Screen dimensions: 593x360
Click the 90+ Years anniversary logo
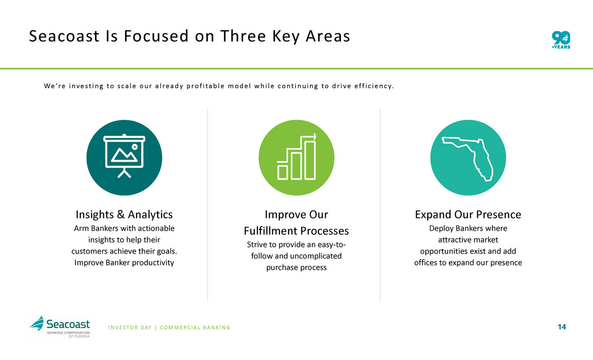(x=561, y=40)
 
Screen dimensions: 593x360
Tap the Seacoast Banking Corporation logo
(x=60, y=327)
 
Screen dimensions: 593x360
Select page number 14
(x=562, y=327)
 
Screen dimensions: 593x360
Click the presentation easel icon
(x=124, y=156)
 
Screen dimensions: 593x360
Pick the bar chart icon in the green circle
(x=296, y=157)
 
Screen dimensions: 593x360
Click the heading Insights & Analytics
(x=124, y=215)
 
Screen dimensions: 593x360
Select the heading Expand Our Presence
(x=468, y=215)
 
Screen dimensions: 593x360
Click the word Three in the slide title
(x=243, y=36)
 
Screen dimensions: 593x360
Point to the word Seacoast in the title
(x=64, y=36)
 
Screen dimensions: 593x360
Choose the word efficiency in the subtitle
(x=374, y=86)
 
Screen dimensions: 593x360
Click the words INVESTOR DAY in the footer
(x=130, y=328)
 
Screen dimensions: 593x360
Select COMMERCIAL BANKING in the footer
(x=195, y=328)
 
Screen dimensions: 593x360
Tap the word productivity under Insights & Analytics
(x=153, y=263)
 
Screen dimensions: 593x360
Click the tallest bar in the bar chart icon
(x=310, y=160)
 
